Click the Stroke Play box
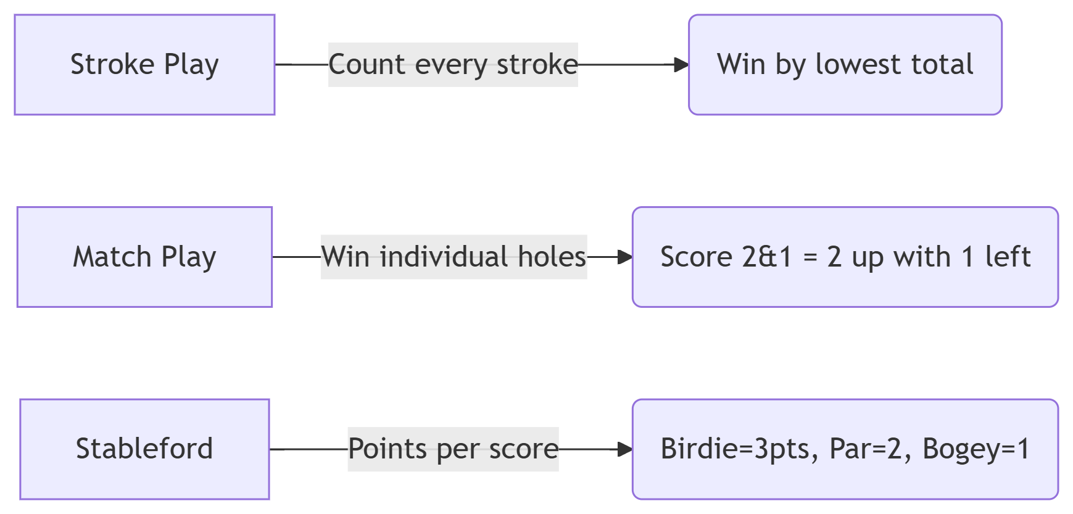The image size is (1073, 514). click(x=144, y=65)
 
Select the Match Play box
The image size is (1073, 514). click(x=144, y=257)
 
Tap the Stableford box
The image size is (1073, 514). click(x=144, y=449)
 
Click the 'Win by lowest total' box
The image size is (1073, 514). click(x=845, y=65)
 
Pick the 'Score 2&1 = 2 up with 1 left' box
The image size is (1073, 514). click(x=845, y=257)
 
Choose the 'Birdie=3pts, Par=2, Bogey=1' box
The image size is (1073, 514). click(x=845, y=449)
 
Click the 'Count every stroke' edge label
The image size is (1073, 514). click(x=453, y=65)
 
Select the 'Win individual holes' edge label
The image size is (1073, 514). click(x=454, y=257)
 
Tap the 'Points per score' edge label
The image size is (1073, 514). click(x=453, y=449)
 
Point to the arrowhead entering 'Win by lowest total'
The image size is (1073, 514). click(x=682, y=65)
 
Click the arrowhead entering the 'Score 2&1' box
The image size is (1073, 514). click(x=626, y=257)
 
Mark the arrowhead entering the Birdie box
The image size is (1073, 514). click(x=626, y=449)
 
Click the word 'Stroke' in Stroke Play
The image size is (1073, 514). click(x=112, y=64)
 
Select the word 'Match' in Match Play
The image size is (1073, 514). click(x=112, y=257)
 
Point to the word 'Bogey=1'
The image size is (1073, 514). click(x=976, y=449)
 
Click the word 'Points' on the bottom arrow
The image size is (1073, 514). click(x=387, y=449)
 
